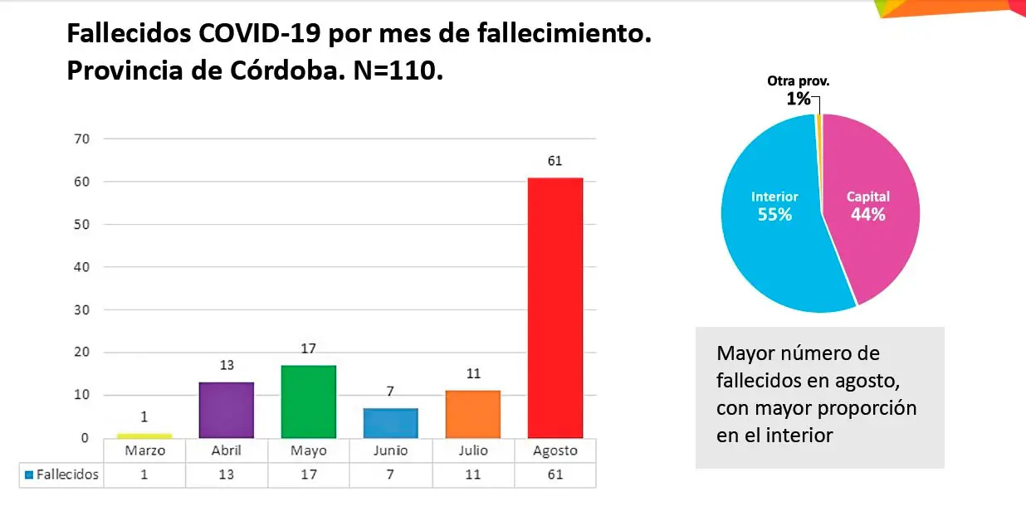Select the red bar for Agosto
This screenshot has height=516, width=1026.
(555, 307)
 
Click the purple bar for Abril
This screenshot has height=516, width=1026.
(226, 410)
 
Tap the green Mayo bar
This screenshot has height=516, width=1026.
(308, 402)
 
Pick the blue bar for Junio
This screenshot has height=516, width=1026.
(390, 423)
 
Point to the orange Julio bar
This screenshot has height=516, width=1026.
(472, 414)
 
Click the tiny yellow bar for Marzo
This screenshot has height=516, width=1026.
(144, 436)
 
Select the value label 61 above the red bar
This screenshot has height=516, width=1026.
(555, 161)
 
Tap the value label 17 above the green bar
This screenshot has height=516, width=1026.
(308, 349)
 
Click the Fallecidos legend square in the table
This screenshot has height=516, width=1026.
(29, 475)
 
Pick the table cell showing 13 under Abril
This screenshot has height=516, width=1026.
(226, 475)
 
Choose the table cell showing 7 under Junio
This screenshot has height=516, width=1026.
(390, 475)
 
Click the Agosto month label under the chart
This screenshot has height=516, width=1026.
(555, 451)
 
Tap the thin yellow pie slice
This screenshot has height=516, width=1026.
(818, 120)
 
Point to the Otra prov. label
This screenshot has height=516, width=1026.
(798, 81)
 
